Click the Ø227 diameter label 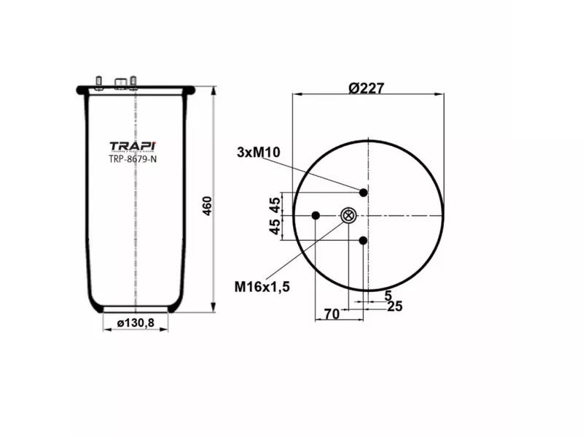(366, 88)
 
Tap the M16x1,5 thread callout (262, 286)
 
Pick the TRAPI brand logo (133, 145)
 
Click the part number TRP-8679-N (133, 159)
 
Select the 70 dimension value (332, 315)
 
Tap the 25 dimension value (395, 306)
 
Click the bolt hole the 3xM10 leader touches (363, 192)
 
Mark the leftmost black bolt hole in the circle (316, 215)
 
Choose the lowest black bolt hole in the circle (363, 240)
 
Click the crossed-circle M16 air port (348, 215)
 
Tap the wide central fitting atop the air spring (122, 80)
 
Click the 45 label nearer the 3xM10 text (275, 204)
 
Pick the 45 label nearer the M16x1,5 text (275, 228)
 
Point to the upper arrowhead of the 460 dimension (212, 91)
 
